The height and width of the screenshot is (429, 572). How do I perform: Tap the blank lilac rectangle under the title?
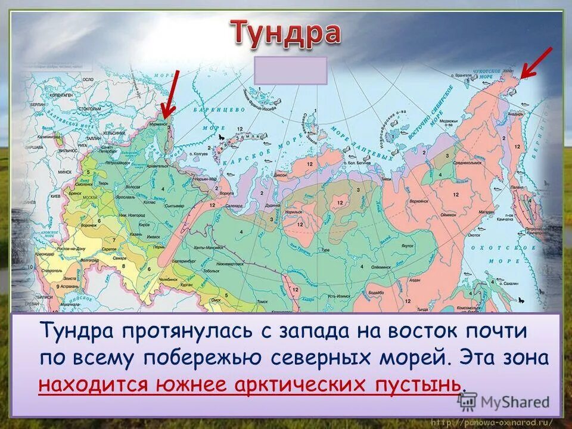pos(290,70)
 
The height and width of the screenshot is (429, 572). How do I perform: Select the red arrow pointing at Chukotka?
pos(536,63)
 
